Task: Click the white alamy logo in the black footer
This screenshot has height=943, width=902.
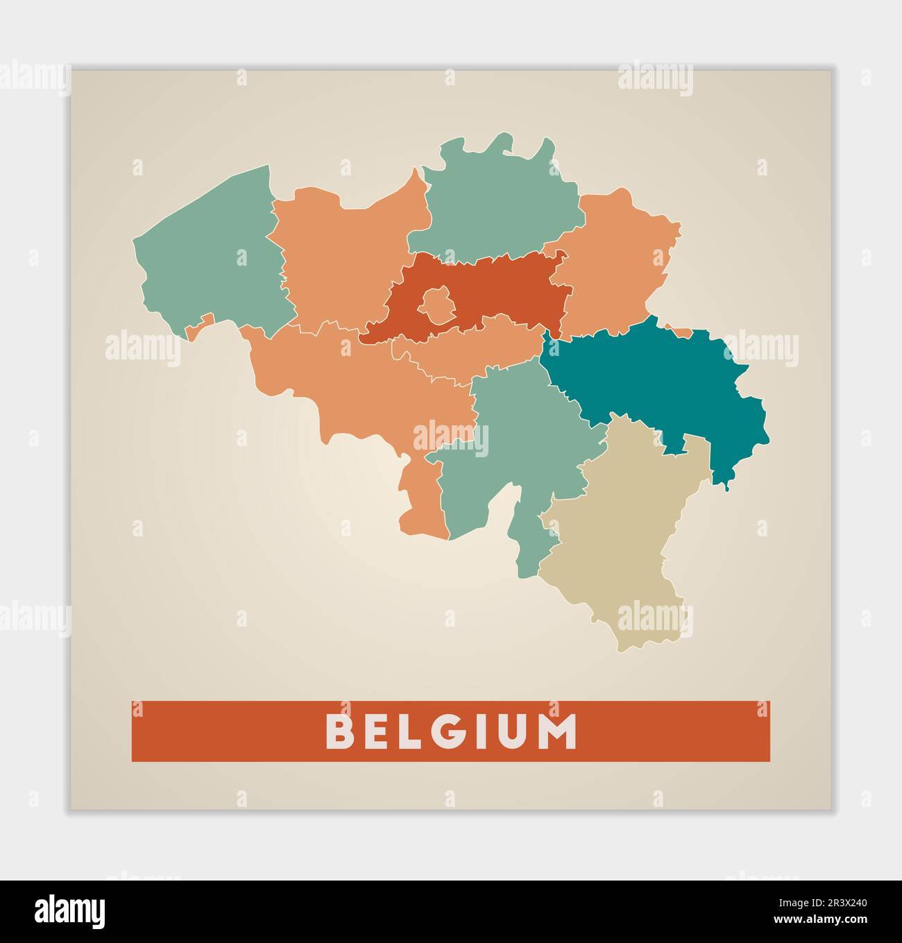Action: pos(71,911)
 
